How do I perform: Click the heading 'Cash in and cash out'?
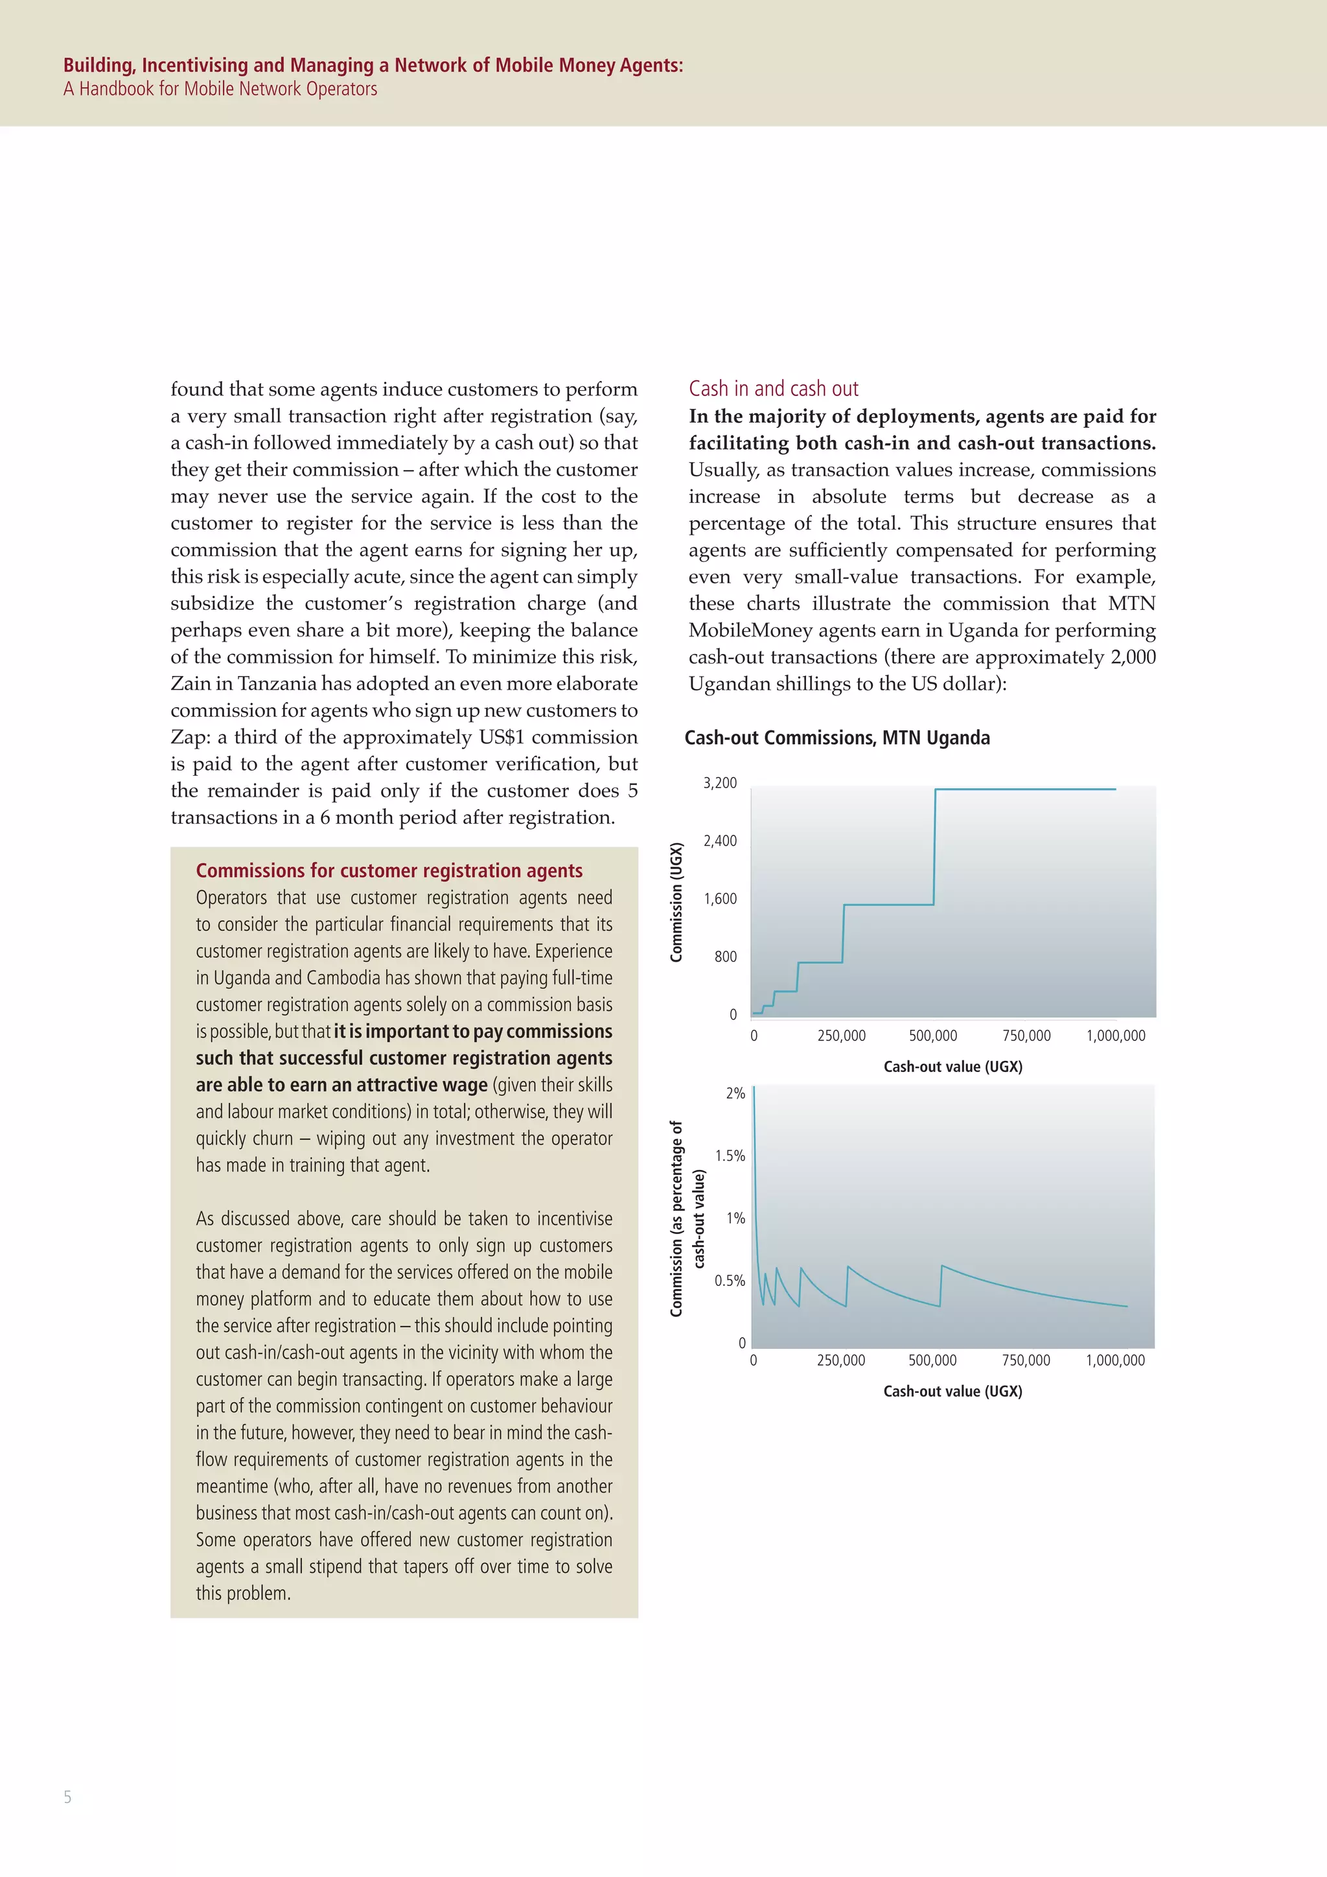click(x=773, y=389)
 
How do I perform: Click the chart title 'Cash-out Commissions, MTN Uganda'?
click(x=837, y=738)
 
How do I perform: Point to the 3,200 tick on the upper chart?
click(x=720, y=783)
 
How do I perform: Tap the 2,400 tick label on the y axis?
click(x=720, y=841)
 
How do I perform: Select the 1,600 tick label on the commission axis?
click(x=720, y=899)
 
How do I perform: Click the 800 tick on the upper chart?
click(x=725, y=957)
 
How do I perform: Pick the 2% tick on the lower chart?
click(x=735, y=1094)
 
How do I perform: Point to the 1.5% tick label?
click(x=730, y=1156)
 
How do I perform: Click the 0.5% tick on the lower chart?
click(x=730, y=1281)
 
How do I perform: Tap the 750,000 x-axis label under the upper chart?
click(x=1026, y=1036)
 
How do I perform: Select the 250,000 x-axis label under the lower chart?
click(x=841, y=1360)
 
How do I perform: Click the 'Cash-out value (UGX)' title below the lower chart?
click(x=952, y=1392)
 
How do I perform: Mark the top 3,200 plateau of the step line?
click(x=1026, y=789)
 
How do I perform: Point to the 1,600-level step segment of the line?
click(x=888, y=904)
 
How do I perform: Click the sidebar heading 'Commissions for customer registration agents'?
click(x=389, y=870)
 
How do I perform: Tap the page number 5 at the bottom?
click(x=68, y=1797)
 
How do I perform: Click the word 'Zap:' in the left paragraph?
click(x=190, y=738)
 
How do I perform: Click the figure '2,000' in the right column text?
click(x=1133, y=657)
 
